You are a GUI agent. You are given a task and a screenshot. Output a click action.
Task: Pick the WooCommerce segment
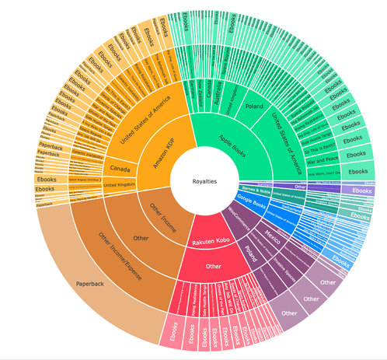243,223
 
